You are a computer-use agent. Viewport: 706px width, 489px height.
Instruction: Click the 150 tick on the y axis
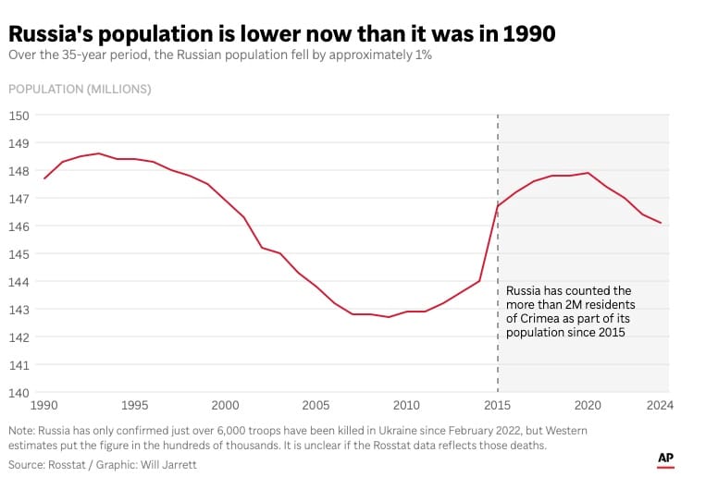19,116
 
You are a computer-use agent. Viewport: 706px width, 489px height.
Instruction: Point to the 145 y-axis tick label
19,254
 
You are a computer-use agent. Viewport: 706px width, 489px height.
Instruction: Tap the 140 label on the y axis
19,392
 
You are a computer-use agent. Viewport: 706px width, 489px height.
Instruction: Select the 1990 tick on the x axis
43,405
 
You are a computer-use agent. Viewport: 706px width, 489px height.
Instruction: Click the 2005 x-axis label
316,405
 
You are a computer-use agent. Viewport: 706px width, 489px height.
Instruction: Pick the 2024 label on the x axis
658,405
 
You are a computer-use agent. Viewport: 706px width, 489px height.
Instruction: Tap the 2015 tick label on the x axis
498,405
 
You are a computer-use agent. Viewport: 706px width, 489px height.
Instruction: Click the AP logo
664,458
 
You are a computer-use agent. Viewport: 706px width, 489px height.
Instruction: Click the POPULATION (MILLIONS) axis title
80,89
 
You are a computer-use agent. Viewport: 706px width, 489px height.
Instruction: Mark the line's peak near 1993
99,153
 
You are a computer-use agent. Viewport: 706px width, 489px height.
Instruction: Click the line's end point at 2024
660,223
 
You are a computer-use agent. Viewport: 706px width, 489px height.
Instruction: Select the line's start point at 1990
44,178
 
